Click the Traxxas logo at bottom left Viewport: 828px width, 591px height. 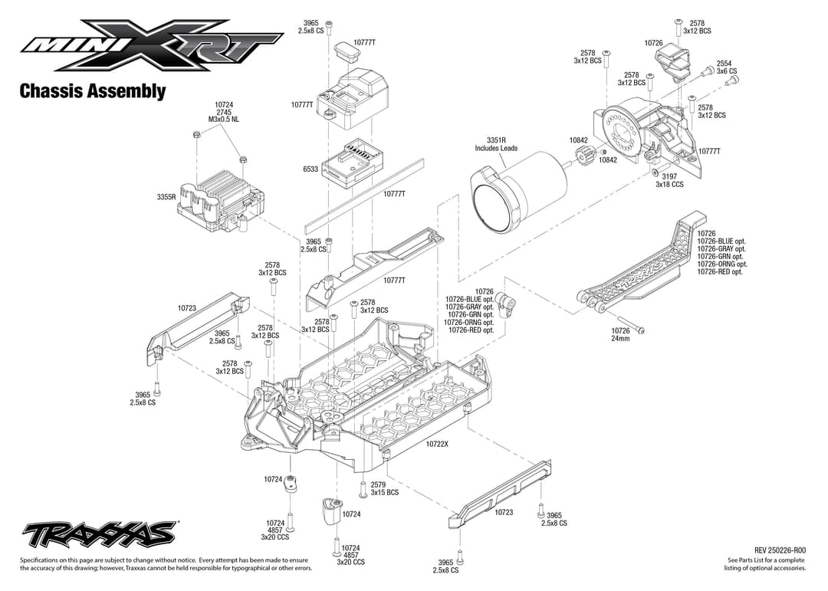click(x=100, y=533)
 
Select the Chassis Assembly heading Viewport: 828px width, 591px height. click(x=93, y=91)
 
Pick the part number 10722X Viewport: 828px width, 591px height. click(x=437, y=444)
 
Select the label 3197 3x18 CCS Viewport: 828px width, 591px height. click(x=669, y=180)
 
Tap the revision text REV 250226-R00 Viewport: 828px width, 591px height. click(x=780, y=550)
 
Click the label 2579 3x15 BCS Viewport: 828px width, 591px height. click(x=384, y=488)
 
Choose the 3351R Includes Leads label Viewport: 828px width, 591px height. click(x=496, y=144)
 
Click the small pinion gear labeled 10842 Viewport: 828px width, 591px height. click(x=580, y=159)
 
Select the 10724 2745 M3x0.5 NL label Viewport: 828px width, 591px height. click(x=224, y=112)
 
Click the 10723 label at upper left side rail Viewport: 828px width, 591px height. click(x=187, y=308)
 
